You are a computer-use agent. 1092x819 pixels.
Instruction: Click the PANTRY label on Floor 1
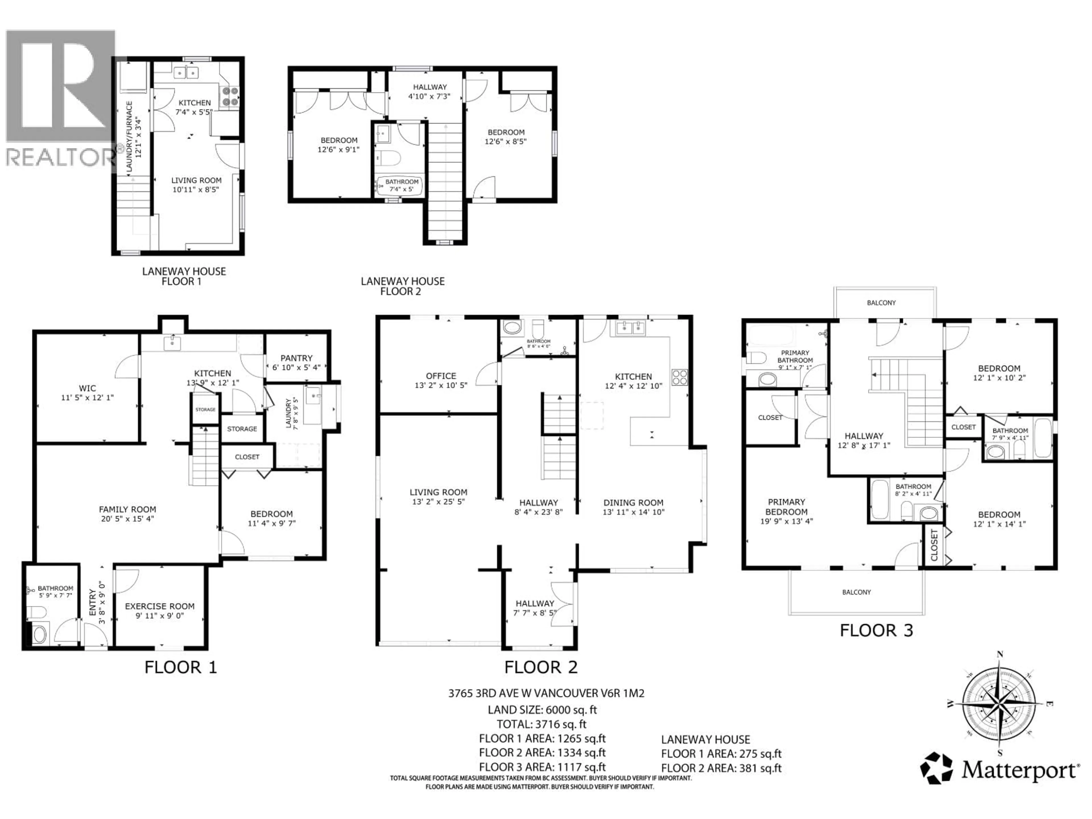pyautogui.click(x=296, y=358)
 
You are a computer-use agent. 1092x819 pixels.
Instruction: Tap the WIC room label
pyautogui.click(x=87, y=388)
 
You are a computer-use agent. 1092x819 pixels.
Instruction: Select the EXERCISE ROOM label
pyautogui.click(x=160, y=606)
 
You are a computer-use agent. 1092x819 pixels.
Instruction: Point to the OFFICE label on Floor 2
pyautogui.click(x=441, y=376)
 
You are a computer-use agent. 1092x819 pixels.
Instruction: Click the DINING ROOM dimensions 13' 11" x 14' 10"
pyautogui.click(x=633, y=512)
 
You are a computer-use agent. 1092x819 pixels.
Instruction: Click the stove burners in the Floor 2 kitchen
pyautogui.click(x=679, y=377)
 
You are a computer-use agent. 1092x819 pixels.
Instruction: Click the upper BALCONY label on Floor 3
pyautogui.click(x=881, y=303)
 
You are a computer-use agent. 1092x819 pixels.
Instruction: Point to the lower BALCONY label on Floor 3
pyautogui.click(x=857, y=592)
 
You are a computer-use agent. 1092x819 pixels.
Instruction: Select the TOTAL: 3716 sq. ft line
pyautogui.click(x=541, y=724)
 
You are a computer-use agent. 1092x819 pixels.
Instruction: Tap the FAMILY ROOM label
pyautogui.click(x=127, y=509)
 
